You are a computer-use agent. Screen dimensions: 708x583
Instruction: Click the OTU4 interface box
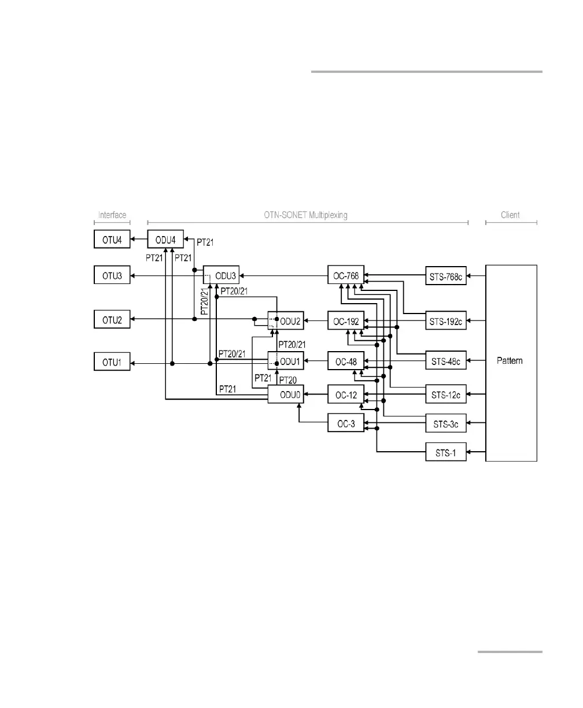(x=112, y=239)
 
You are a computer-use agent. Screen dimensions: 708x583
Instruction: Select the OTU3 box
(x=112, y=275)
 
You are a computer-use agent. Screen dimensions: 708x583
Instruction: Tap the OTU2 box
(x=112, y=319)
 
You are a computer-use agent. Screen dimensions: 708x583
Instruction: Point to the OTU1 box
(x=112, y=363)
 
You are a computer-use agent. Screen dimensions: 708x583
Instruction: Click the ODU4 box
(x=165, y=239)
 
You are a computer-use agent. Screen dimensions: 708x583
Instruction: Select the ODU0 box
(x=286, y=395)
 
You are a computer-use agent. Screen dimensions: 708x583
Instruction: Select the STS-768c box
(x=446, y=275)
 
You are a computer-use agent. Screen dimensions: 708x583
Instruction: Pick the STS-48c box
(x=446, y=363)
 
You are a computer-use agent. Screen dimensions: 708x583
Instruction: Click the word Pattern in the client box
(x=511, y=361)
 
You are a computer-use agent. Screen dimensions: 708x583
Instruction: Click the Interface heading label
(x=112, y=215)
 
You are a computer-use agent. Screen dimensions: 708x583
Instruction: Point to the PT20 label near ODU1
(x=288, y=379)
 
